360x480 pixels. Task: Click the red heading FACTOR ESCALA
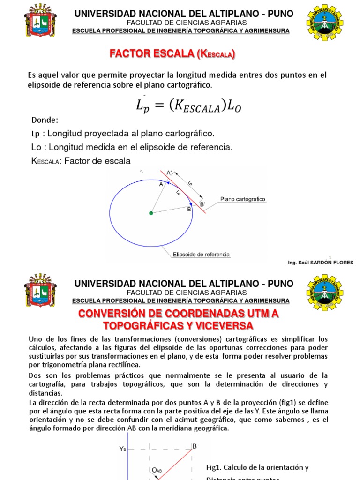tap(172, 55)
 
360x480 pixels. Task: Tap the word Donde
tap(45, 120)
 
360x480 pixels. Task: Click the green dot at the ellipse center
tap(151, 213)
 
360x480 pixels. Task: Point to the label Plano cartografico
tap(243, 199)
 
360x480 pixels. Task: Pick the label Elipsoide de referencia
tap(202, 255)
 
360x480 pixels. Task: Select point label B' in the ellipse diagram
tap(202, 204)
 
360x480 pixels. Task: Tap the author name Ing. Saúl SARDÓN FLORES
tap(321, 262)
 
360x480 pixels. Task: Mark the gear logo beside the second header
tap(324, 292)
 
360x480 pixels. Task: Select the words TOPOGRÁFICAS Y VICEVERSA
tap(178, 325)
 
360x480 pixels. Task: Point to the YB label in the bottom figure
tap(122, 449)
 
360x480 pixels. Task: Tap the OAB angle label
tap(157, 470)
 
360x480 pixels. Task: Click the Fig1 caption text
tap(257, 467)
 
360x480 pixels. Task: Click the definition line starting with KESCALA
tap(80, 161)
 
